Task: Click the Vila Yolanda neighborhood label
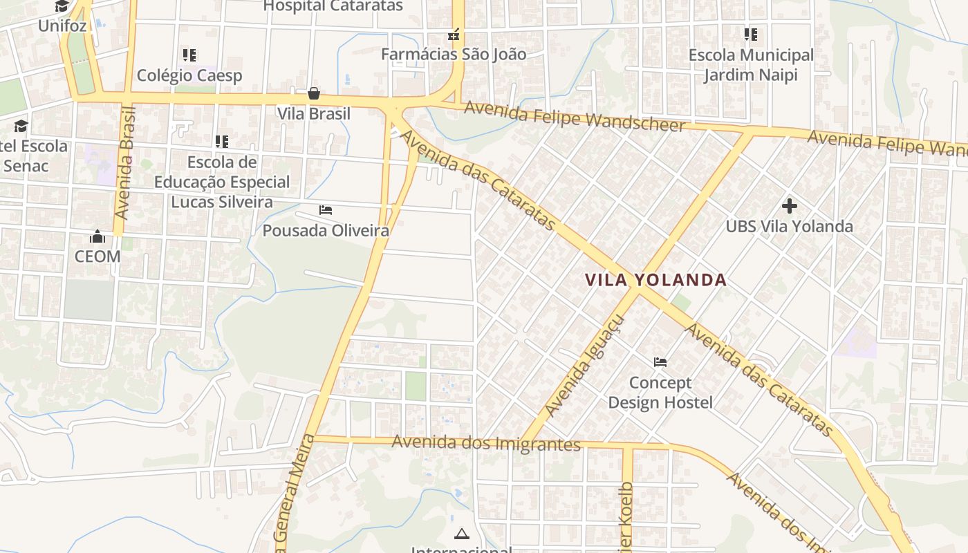[x=655, y=280]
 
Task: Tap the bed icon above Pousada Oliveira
[x=326, y=209]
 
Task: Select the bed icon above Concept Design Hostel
[x=660, y=362]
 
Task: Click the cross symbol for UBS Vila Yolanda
[x=789, y=205]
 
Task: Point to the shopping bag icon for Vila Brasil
[x=314, y=93]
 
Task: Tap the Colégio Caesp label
[x=189, y=75]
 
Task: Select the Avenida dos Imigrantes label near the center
[x=486, y=443]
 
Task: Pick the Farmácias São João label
[x=454, y=54]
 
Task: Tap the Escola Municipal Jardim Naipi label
[x=751, y=64]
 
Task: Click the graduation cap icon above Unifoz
[x=62, y=6]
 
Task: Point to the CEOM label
[x=97, y=256]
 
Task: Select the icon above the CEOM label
[x=97, y=236]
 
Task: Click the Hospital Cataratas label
[x=333, y=6]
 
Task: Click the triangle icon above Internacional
[x=461, y=534]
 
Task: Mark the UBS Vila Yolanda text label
[x=789, y=226]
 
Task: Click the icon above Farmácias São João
[x=454, y=34]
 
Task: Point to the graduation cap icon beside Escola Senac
[x=21, y=126]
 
